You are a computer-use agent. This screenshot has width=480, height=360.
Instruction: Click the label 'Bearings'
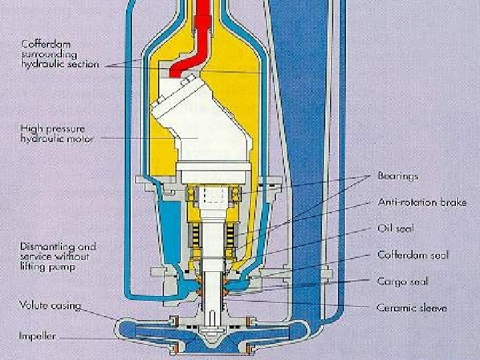tap(398, 177)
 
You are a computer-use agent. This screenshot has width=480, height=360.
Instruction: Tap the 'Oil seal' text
tap(395, 229)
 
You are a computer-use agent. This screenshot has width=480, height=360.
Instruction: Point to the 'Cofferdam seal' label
tap(413, 255)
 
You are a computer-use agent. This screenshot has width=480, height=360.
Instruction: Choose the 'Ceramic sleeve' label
tap(411, 307)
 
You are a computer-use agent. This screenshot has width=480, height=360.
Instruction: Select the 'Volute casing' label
tap(50, 306)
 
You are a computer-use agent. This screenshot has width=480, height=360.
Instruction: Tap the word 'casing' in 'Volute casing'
tap(66, 306)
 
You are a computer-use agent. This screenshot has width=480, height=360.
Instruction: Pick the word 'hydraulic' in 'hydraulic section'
tap(40, 64)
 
